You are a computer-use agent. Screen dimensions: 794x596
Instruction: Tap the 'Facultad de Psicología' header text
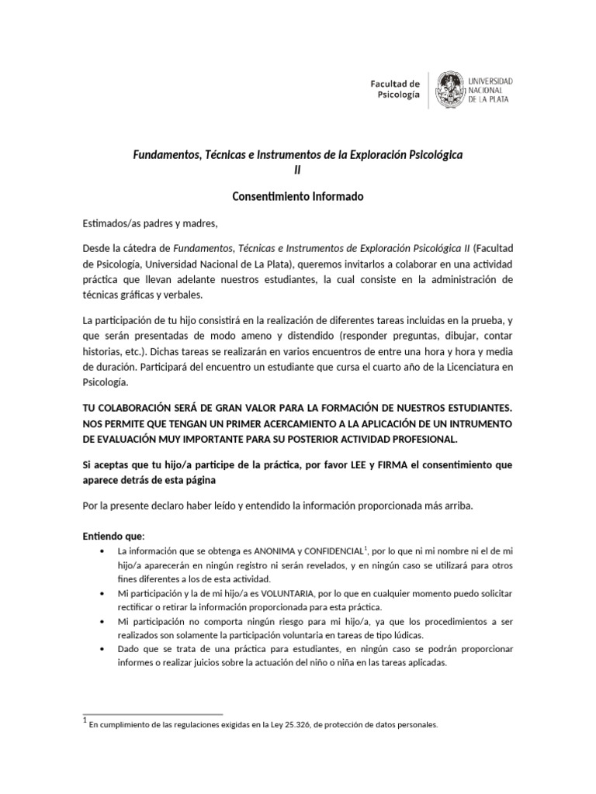396,89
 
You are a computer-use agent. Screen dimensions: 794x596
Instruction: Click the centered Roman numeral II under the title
298,170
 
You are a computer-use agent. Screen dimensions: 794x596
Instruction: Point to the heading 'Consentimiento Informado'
298,197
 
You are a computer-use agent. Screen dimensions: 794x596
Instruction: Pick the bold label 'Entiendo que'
112,536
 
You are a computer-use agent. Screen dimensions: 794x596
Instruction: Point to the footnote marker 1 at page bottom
85,723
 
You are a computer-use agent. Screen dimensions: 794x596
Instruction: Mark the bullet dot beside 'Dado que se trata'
103,650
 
